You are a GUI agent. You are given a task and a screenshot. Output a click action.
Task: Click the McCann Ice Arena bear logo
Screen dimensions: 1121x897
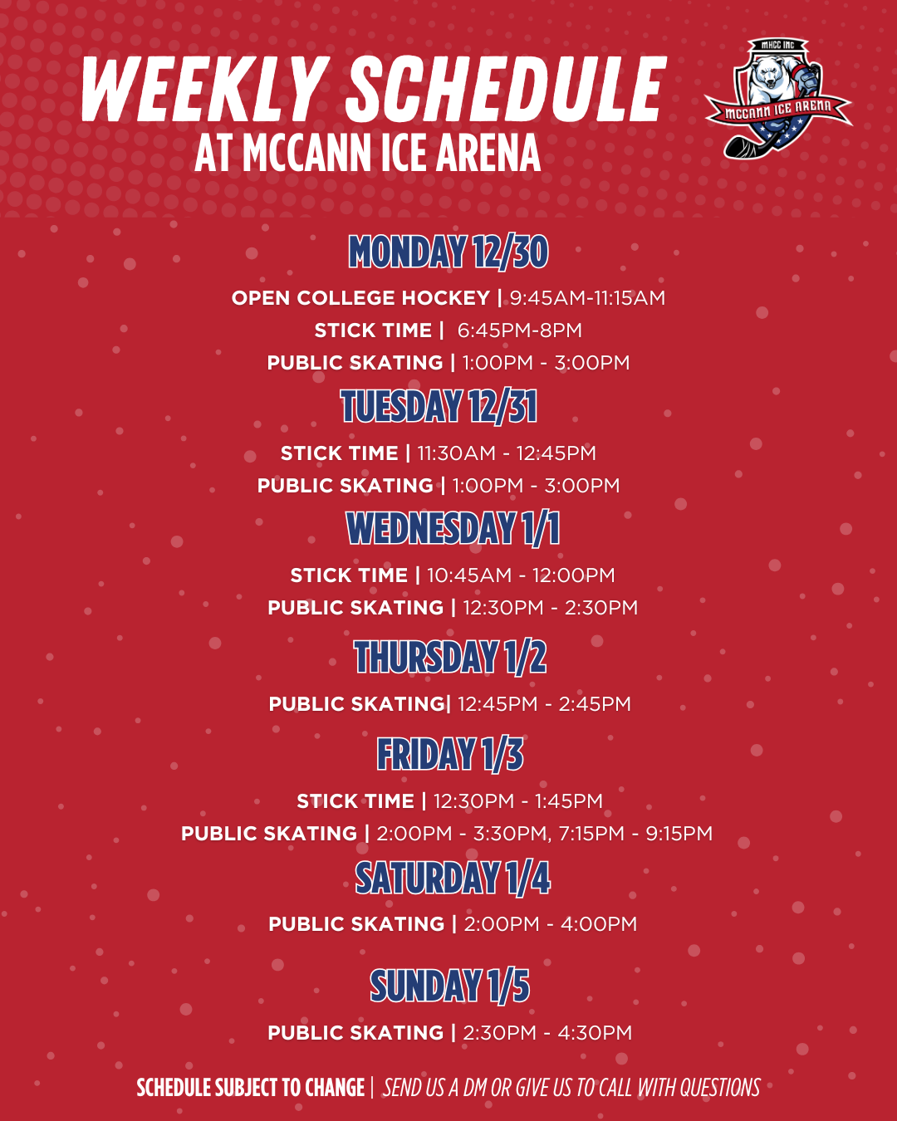[x=778, y=98]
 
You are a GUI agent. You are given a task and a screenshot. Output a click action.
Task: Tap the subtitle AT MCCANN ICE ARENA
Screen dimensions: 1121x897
[x=367, y=154]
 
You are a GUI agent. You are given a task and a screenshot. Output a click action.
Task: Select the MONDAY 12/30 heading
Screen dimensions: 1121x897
[x=448, y=252]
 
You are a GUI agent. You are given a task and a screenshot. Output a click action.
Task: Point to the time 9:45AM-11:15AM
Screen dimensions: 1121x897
[x=587, y=298]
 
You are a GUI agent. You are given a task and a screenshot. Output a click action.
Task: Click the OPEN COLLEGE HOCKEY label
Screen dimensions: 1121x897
[x=360, y=298]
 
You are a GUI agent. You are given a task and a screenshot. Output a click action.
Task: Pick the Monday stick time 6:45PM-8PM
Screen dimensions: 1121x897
[x=519, y=330]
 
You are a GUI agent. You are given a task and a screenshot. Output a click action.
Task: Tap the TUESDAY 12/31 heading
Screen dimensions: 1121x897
[x=439, y=407]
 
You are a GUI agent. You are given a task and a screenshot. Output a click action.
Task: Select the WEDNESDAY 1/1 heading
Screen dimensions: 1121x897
[x=453, y=529]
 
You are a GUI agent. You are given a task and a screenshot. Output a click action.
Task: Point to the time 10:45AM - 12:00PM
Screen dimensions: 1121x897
[x=521, y=575]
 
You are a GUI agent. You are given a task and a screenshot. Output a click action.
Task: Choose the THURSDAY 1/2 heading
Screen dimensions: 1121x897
[x=450, y=658]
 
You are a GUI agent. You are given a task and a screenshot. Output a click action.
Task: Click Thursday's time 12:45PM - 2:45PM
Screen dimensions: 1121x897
[x=544, y=704]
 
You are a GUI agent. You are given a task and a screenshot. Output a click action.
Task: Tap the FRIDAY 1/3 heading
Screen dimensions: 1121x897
[x=450, y=755]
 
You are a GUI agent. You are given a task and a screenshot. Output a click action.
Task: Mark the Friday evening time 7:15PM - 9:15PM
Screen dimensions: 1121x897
[x=635, y=834]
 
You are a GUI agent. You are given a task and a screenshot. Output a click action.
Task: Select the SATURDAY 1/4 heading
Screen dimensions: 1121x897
[x=453, y=879]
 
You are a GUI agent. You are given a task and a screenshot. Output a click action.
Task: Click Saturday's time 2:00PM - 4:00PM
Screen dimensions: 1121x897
[x=550, y=924]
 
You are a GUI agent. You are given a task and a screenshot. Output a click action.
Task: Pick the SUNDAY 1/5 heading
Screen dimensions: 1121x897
[x=449, y=986]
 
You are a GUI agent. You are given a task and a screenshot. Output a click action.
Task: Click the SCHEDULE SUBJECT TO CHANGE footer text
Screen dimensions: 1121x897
[x=251, y=1088]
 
